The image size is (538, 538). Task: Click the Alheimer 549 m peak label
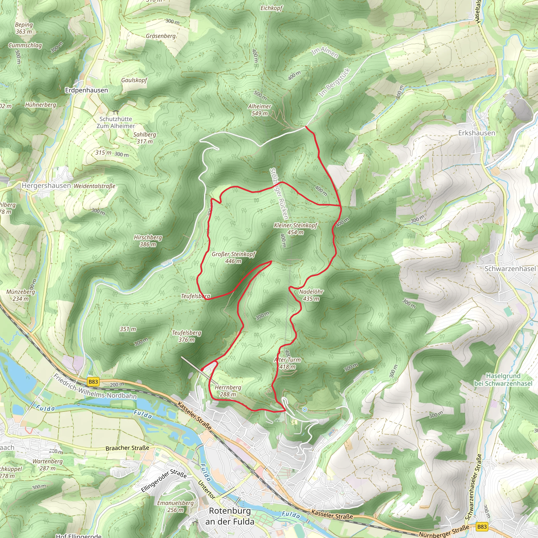point(260,110)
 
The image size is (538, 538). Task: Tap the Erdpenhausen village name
point(86,90)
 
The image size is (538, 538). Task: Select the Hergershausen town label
point(46,185)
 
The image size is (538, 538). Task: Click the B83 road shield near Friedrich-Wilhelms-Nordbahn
point(93,381)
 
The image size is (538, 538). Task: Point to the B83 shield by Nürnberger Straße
point(482,527)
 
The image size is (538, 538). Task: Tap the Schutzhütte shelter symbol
point(116,112)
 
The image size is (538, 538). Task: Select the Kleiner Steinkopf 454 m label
point(296,229)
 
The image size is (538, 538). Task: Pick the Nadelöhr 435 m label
point(311,295)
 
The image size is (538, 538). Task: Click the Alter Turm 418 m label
point(287,363)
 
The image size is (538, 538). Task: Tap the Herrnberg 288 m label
point(228,391)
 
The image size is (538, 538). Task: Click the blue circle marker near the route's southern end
point(305,409)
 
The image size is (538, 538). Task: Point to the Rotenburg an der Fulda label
point(230,516)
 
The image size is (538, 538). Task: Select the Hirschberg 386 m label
point(148,241)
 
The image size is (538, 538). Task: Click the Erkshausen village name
point(477,133)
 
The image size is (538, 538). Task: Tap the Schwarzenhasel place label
point(510,269)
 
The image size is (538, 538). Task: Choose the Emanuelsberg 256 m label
point(175,506)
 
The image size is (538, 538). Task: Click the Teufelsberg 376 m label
point(186,336)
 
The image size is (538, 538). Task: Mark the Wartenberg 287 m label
point(48,465)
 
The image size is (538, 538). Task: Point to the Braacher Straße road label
point(127,448)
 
